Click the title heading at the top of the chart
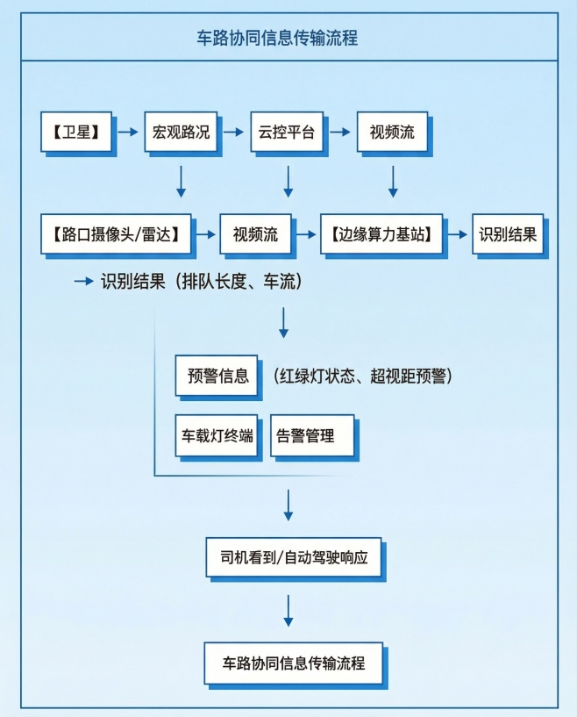(288, 39)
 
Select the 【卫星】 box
(75, 132)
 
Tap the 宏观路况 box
(181, 132)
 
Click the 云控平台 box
(286, 132)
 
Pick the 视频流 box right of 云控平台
(392, 132)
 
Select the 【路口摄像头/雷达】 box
(115, 234)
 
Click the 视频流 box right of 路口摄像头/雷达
(255, 234)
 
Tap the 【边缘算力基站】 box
(381, 234)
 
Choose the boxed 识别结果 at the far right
(508, 234)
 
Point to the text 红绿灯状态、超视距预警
(361, 376)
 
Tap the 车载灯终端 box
(218, 434)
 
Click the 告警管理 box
(311, 434)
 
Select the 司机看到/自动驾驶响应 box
(293, 557)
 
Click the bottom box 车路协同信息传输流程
(293, 663)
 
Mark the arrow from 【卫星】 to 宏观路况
(129, 132)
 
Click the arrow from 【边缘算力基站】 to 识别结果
(457, 234)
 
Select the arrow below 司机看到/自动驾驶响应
(288, 611)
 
